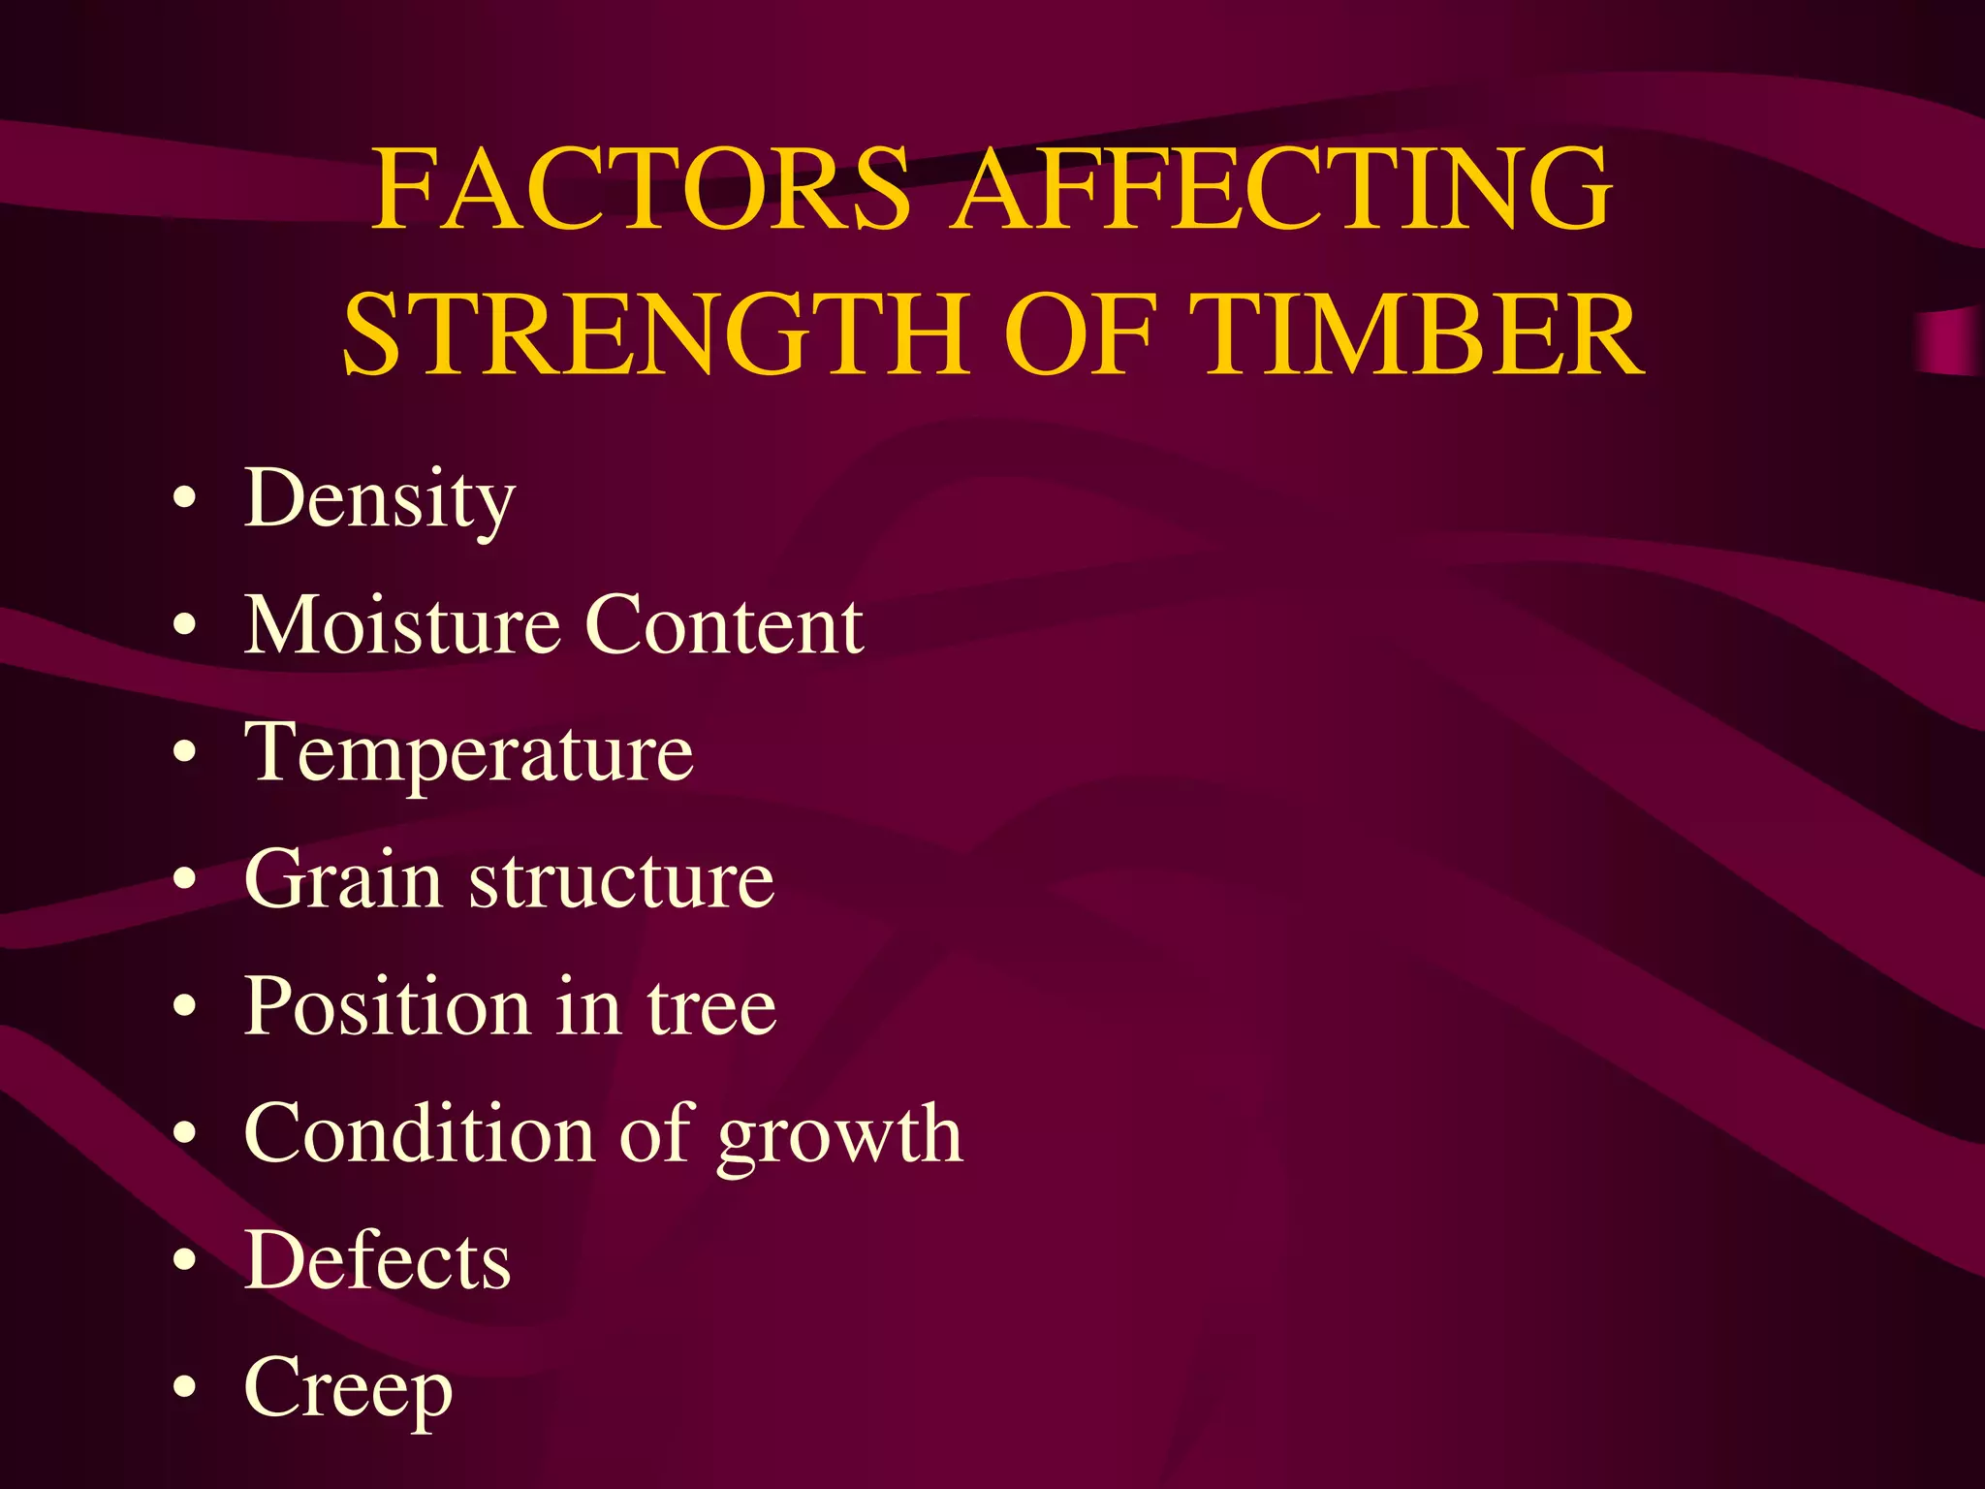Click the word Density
coord(379,499)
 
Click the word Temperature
coord(469,754)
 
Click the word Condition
coord(420,1133)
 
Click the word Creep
coord(348,1389)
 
